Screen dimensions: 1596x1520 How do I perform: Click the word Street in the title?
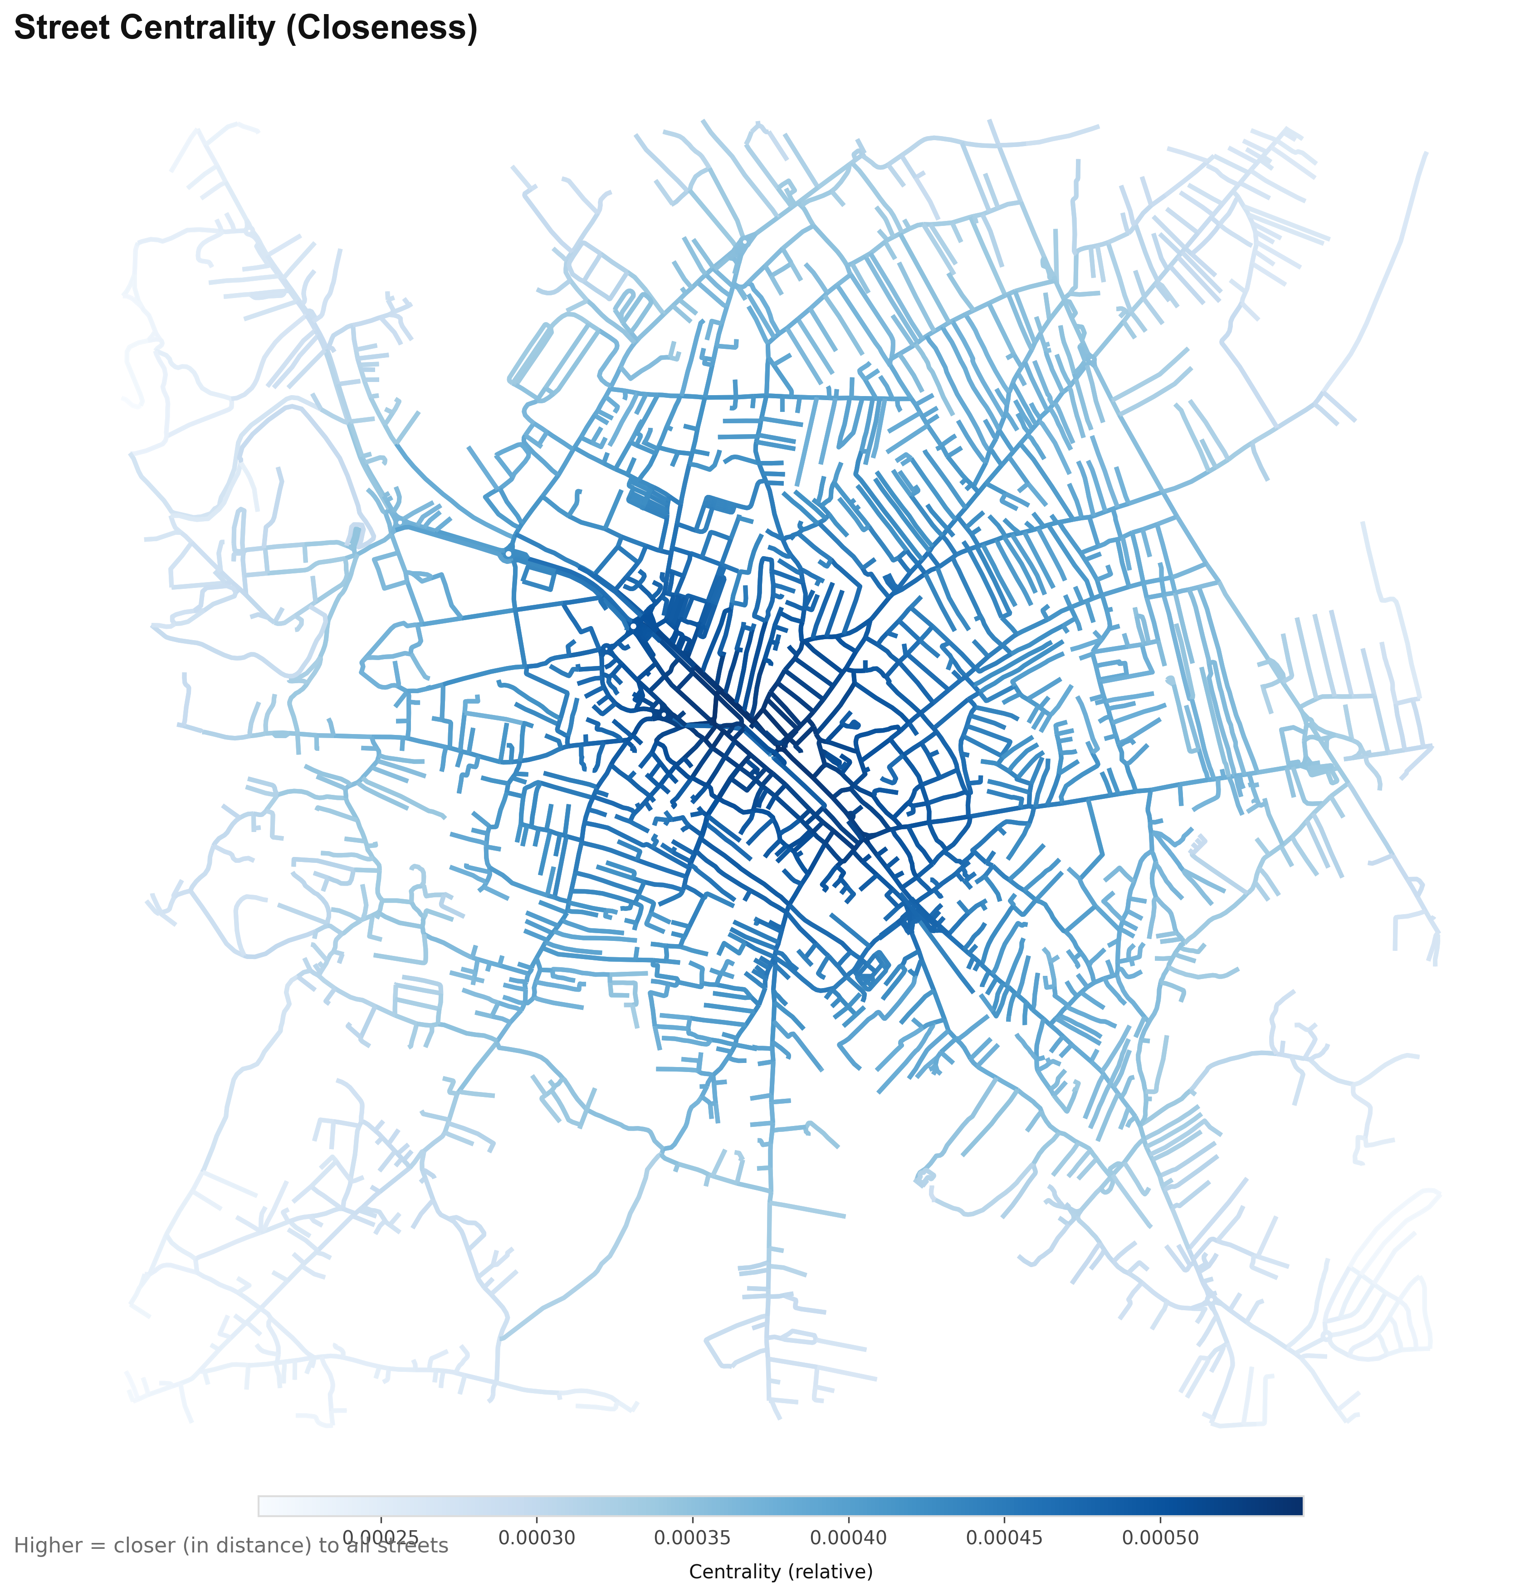click(x=63, y=29)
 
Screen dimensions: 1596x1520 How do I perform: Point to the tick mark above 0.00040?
click(x=848, y=1518)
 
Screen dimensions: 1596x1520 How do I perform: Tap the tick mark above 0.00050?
click(x=1160, y=1518)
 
